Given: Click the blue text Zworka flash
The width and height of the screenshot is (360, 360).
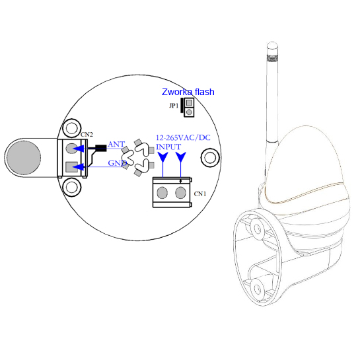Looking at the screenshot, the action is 188,92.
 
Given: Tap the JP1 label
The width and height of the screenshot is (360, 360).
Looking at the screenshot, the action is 174,106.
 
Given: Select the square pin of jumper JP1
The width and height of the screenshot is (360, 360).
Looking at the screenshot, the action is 189,102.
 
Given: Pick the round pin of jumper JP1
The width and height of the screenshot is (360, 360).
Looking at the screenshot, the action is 189,112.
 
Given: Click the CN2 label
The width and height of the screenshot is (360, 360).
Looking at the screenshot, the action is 87,135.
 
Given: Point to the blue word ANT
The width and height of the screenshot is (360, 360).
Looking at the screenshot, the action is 116,144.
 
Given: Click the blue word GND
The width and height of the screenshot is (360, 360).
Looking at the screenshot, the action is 118,163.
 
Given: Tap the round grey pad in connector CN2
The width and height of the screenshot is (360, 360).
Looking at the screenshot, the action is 71,149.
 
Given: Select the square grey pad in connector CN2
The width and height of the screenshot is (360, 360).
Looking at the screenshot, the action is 71,167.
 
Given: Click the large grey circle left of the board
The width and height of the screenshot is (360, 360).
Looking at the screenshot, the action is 24,157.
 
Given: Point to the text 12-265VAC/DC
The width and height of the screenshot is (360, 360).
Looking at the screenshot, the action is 183,138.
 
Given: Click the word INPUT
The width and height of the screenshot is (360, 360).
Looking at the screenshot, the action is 168,147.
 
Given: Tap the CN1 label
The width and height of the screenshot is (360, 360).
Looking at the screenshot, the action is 200,194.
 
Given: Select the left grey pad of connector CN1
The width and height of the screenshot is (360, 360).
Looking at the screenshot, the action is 162,193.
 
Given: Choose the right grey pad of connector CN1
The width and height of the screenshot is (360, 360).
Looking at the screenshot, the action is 181,193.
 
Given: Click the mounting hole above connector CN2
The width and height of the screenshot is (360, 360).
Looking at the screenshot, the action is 72,128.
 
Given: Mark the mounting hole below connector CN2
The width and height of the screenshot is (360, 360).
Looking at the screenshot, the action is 72,187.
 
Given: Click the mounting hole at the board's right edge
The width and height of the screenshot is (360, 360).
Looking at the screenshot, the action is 210,158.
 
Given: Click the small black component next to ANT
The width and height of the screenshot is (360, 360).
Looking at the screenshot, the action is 101,148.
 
